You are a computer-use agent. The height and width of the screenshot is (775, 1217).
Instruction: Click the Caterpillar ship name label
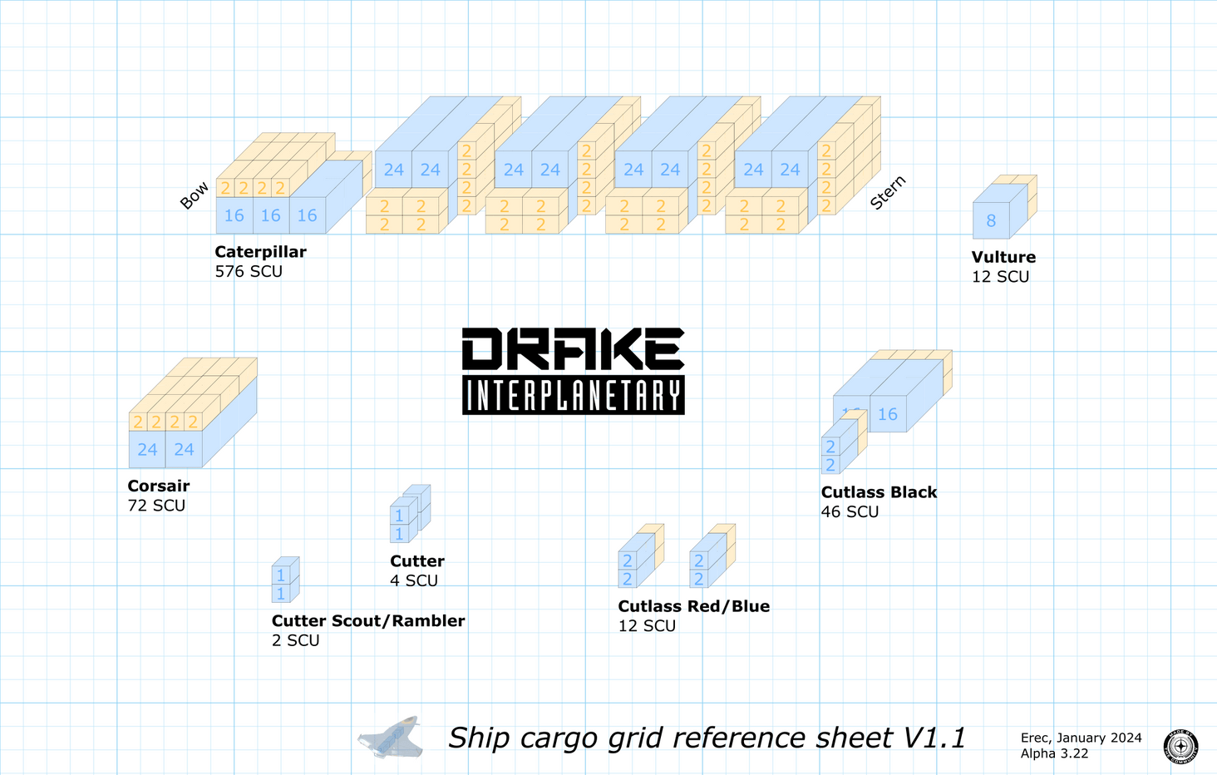tap(260, 252)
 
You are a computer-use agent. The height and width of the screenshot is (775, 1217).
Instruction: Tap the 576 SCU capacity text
tap(249, 272)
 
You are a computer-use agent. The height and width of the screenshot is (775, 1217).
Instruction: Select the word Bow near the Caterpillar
tap(195, 196)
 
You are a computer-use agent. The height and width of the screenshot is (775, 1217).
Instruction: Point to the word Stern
tap(888, 193)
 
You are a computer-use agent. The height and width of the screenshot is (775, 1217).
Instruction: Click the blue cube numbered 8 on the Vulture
tap(991, 220)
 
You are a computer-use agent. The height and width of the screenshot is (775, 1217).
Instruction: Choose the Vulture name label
tap(1003, 258)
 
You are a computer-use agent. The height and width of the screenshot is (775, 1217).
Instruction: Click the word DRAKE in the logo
tap(573, 349)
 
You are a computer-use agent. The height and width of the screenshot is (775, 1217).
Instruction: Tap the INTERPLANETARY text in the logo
tap(573, 396)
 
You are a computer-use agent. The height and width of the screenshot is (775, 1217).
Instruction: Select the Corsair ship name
tap(159, 486)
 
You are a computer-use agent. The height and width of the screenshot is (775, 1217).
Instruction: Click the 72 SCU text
tap(156, 506)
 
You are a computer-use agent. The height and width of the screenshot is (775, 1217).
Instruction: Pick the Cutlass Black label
tap(879, 492)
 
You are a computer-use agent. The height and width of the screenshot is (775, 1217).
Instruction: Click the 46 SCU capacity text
tap(850, 512)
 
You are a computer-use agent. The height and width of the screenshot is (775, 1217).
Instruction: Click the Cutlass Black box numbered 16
tap(888, 414)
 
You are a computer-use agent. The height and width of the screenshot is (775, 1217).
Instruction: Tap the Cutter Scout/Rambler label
tap(367, 621)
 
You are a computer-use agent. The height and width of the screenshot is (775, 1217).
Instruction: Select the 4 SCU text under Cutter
tap(414, 581)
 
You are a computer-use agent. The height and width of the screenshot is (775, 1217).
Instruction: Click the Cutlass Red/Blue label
tap(693, 607)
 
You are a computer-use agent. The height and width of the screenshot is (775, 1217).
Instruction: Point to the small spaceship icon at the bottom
tap(391, 738)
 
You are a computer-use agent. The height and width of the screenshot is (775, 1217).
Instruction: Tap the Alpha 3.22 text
tap(1054, 753)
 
